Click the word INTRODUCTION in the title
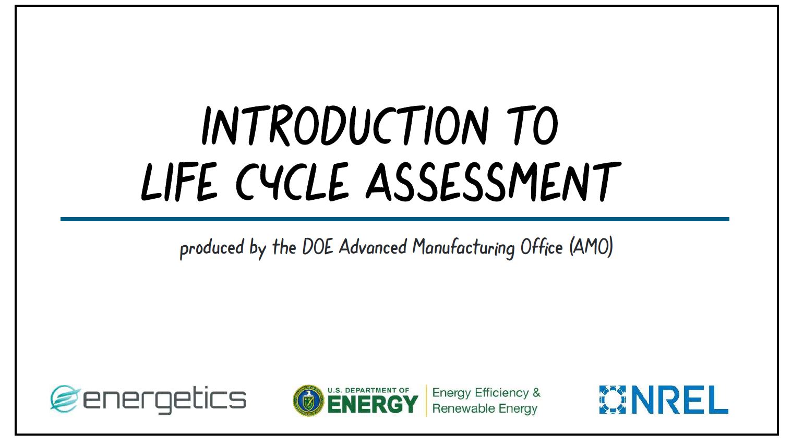(345, 126)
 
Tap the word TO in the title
(533, 126)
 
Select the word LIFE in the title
(179, 182)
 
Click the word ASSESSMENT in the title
(494, 182)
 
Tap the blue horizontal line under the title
(395, 219)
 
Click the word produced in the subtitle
(212, 248)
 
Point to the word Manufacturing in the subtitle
(463, 247)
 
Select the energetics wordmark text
(164, 400)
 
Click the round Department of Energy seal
(309, 401)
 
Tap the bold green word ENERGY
(373, 404)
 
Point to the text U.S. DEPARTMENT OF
(368, 390)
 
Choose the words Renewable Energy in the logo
(485, 409)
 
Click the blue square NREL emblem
(613, 400)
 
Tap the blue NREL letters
(680, 400)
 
